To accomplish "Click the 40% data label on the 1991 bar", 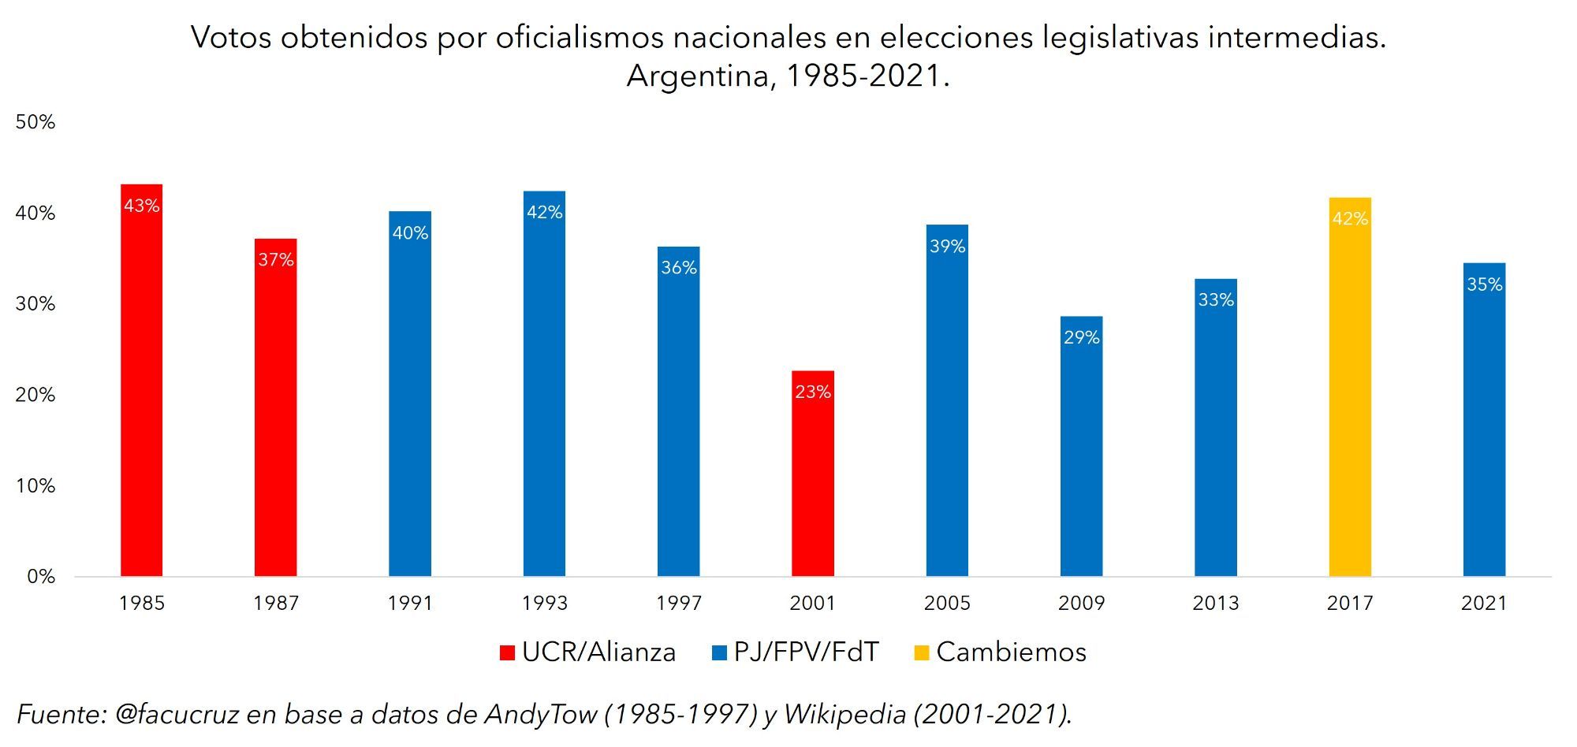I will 410,233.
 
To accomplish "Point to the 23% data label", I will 813,392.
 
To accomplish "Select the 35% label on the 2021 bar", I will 1484,284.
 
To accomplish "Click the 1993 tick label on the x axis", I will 544,604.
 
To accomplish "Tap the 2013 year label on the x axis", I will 1215,604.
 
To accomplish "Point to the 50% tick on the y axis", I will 35,122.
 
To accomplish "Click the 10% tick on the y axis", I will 35,486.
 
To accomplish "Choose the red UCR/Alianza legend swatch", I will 507,652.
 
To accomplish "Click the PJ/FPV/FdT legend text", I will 806,652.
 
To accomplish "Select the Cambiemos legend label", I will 1011,652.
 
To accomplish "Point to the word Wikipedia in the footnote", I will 844,714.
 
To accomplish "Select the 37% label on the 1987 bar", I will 276,260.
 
